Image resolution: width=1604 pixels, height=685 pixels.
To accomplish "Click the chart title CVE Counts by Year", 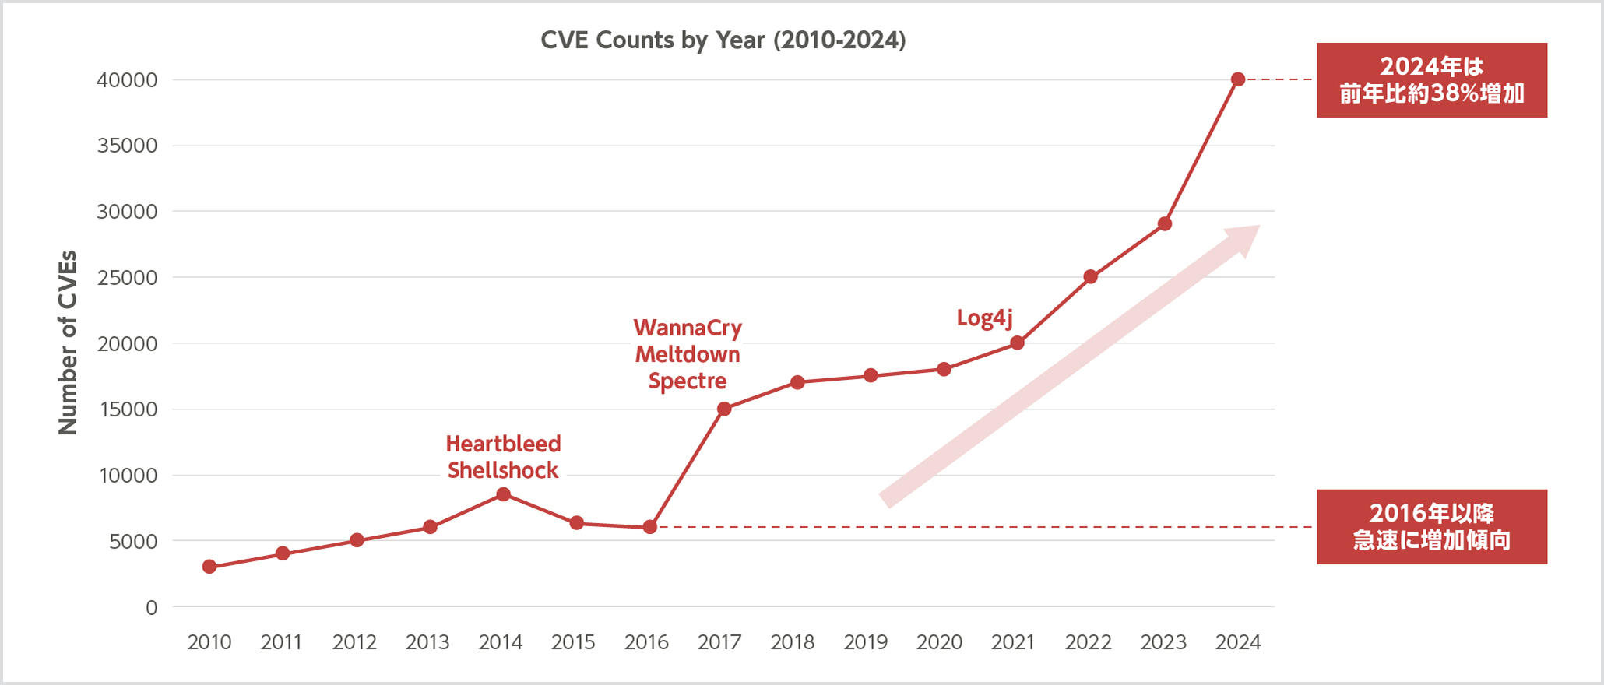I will (x=723, y=40).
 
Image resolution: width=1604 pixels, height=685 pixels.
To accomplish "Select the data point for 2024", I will (x=1238, y=79).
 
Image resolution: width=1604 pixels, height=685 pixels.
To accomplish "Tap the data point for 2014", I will (x=503, y=494).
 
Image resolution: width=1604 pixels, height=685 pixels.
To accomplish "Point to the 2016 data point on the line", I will (x=650, y=527).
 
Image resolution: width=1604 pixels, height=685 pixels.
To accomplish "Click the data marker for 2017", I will (x=724, y=409).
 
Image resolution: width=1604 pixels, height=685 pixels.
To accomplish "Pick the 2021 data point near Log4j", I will (x=1017, y=342).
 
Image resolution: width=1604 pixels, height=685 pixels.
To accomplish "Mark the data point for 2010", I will (x=209, y=567).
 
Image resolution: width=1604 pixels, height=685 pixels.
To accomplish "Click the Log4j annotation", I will (x=984, y=318).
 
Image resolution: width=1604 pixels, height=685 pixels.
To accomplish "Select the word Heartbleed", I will (x=503, y=444).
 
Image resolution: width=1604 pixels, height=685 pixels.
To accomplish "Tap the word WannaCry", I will (x=688, y=328).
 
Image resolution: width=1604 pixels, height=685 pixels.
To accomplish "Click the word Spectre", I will (x=688, y=381).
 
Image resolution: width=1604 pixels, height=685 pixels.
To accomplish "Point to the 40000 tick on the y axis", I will (x=127, y=80).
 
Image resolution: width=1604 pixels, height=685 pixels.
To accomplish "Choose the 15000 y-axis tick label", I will (x=127, y=409).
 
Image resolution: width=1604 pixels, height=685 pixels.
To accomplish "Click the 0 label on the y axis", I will (x=151, y=607).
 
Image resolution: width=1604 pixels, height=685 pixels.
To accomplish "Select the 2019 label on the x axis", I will (x=866, y=642).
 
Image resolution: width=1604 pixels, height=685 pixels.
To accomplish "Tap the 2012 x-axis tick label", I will (x=355, y=642).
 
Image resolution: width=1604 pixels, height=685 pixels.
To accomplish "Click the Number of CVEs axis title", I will (x=69, y=342).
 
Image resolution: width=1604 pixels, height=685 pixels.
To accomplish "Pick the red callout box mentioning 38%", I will (x=1431, y=80).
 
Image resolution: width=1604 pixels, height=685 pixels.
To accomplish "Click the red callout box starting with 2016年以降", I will (x=1431, y=527).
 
